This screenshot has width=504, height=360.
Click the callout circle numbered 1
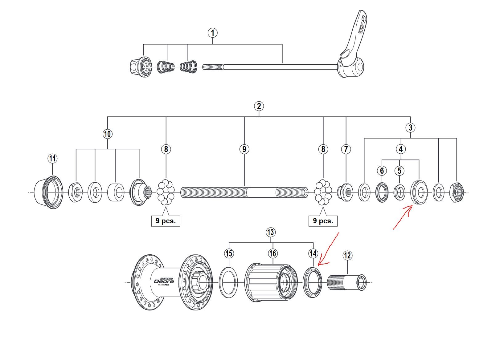coord(213,33)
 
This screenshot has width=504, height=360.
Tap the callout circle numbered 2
coord(259,106)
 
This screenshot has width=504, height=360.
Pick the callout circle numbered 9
coord(244,149)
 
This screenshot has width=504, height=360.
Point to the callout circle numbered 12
coord(347,255)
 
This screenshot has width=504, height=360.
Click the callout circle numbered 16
coord(272,253)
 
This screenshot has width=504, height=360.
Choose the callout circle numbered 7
coord(346,149)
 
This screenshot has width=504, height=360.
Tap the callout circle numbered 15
coord(229,253)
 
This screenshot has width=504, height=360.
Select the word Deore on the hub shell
coord(164,281)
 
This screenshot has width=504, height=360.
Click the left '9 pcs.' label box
coord(166,221)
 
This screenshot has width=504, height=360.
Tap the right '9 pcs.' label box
coord(323,221)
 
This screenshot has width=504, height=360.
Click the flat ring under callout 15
coord(228,282)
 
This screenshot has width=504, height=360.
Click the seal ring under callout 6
coord(382,192)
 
